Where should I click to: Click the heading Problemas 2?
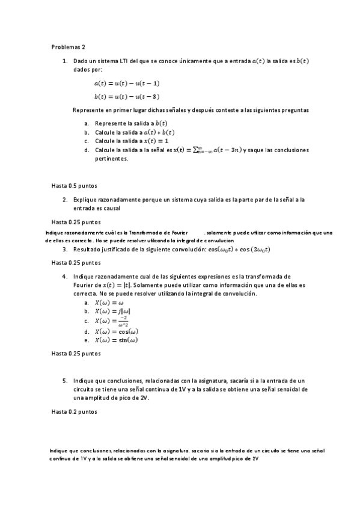(x=69, y=46)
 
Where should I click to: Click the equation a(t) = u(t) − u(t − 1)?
(x=127, y=83)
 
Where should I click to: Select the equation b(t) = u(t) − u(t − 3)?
(x=127, y=96)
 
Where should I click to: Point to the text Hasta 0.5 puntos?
(x=75, y=186)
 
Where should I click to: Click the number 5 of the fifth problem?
(x=65, y=381)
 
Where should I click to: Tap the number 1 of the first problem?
(x=65, y=61)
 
